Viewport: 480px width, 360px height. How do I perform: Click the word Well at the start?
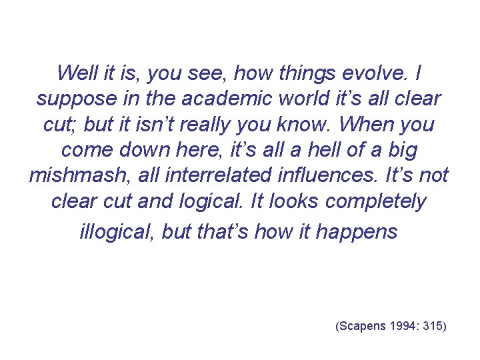pyautogui.click(x=74, y=72)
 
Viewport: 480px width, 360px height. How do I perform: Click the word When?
pyautogui.click(x=358, y=124)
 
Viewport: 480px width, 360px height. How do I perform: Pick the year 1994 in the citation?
pyautogui.click(x=404, y=326)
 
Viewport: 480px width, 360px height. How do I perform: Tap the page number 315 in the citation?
pyautogui.click(x=433, y=326)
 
